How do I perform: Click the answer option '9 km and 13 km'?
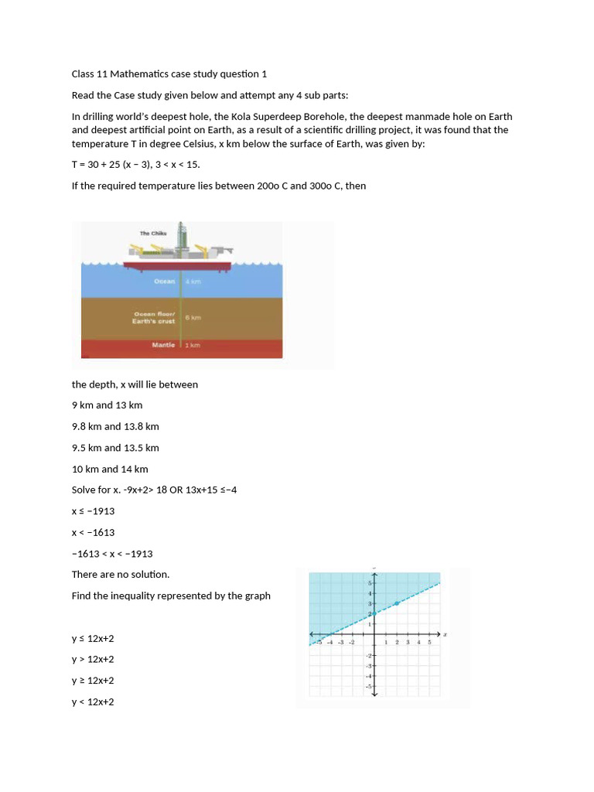coord(107,405)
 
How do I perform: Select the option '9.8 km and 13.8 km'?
coord(115,426)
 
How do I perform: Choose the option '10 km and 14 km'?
coord(110,469)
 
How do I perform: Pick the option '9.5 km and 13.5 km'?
coord(115,448)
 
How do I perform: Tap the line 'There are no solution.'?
coord(120,575)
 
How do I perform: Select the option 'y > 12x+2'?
coord(93,660)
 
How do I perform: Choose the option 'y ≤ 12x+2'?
coord(93,639)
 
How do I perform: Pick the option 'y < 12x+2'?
coord(93,702)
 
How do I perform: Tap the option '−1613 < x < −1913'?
coord(112,554)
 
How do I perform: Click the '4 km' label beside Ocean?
coord(193,282)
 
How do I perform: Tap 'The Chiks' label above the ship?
coord(152,233)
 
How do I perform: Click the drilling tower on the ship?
coord(183,236)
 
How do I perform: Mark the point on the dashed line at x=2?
coord(397,603)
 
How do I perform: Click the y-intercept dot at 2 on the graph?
coord(375,613)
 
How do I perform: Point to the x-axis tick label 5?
coord(429,642)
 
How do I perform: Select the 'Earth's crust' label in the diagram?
coord(154,321)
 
